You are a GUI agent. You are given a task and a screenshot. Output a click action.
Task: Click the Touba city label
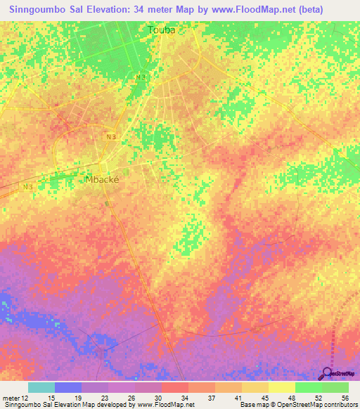(161, 30)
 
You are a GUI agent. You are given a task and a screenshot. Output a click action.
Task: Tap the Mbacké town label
(102, 179)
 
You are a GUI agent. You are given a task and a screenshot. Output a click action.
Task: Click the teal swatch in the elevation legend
(41, 387)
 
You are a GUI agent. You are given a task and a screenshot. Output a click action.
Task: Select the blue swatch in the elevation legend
(68, 387)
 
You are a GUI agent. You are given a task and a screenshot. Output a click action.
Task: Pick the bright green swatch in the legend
(308, 387)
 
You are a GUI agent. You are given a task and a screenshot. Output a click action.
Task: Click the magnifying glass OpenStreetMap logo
(327, 373)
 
